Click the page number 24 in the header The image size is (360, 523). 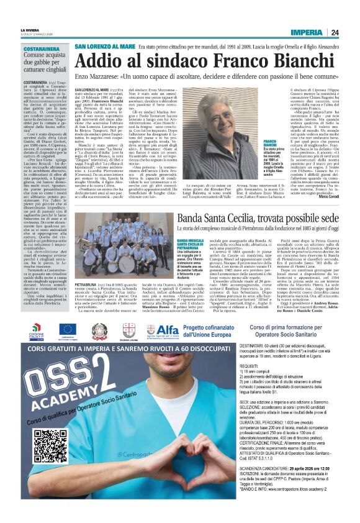[335, 32]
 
